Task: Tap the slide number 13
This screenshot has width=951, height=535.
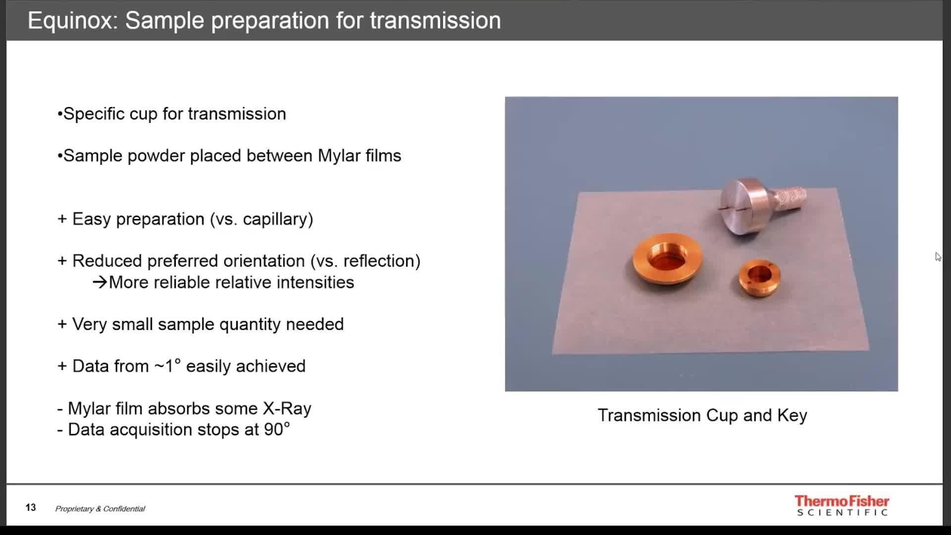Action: pos(31,508)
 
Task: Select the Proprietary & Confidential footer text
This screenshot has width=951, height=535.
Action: pos(100,509)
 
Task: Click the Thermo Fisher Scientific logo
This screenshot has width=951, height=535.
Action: pos(842,505)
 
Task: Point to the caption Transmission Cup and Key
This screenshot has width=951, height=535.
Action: pos(702,415)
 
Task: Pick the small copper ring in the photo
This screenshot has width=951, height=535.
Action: pos(759,278)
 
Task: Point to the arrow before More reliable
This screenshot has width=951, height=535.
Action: pos(100,282)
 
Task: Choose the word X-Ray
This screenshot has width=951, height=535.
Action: pos(287,409)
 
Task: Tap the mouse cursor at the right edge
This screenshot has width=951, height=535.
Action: pos(938,257)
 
